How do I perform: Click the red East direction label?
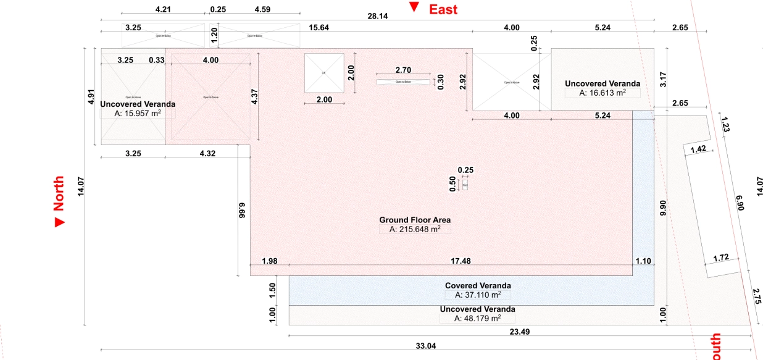pos(443,9)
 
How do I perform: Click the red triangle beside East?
pos(414,7)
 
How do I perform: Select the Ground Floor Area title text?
pos(415,220)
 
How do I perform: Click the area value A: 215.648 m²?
pos(415,229)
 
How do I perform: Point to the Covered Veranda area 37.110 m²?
pos(478,295)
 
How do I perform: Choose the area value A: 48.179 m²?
pos(477,319)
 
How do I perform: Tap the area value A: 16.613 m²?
pos(602,93)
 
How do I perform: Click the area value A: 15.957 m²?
pos(138,114)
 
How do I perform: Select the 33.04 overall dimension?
pos(426,346)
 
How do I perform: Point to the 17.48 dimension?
pos(461,261)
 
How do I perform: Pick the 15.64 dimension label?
pos(319,28)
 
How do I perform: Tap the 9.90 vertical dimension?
pos(663,207)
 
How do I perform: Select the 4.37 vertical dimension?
pos(254,98)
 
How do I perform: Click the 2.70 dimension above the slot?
pos(403,70)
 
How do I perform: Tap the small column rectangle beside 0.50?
pos(465,185)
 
